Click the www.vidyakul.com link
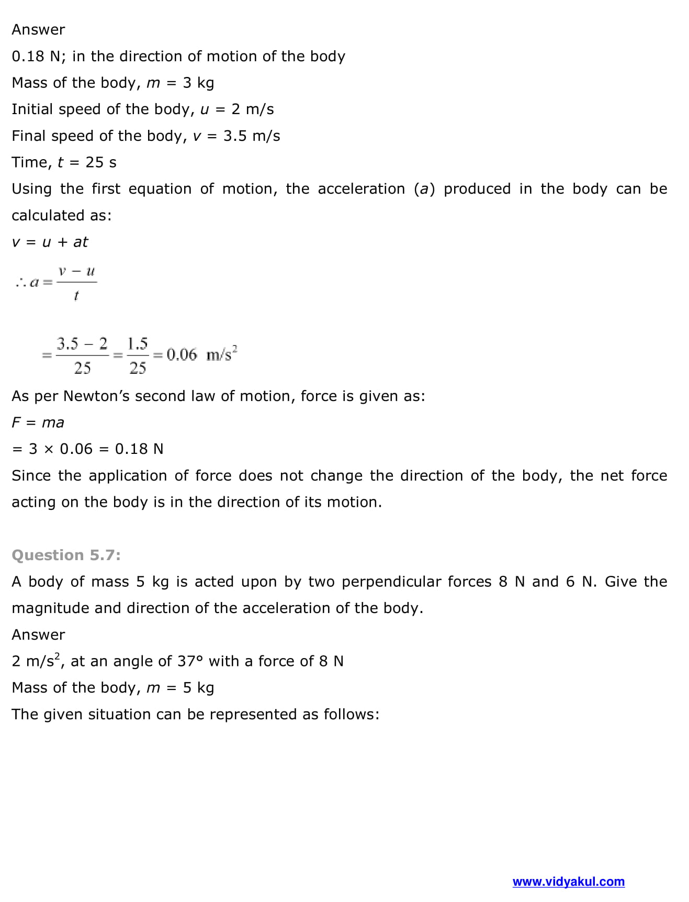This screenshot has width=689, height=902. click(x=568, y=882)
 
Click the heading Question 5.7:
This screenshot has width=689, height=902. click(x=66, y=555)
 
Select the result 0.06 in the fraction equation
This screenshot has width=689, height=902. click(x=182, y=355)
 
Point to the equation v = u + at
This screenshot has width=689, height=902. click(x=50, y=242)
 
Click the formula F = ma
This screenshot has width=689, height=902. click(x=38, y=422)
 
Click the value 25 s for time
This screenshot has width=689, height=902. click(x=101, y=162)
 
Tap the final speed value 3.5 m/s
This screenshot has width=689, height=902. click(x=252, y=136)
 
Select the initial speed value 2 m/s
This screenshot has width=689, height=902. click(x=253, y=109)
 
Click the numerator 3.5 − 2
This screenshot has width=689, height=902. click(x=82, y=344)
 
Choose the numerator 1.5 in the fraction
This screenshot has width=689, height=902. click(x=138, y=344)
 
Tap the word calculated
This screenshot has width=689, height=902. click(x=48, y=216)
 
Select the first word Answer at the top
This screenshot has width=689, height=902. click(x=38, y=30)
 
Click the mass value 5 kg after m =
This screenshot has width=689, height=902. click(x=198, y=688)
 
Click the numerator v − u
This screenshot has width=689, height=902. click(x=76, y=272)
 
